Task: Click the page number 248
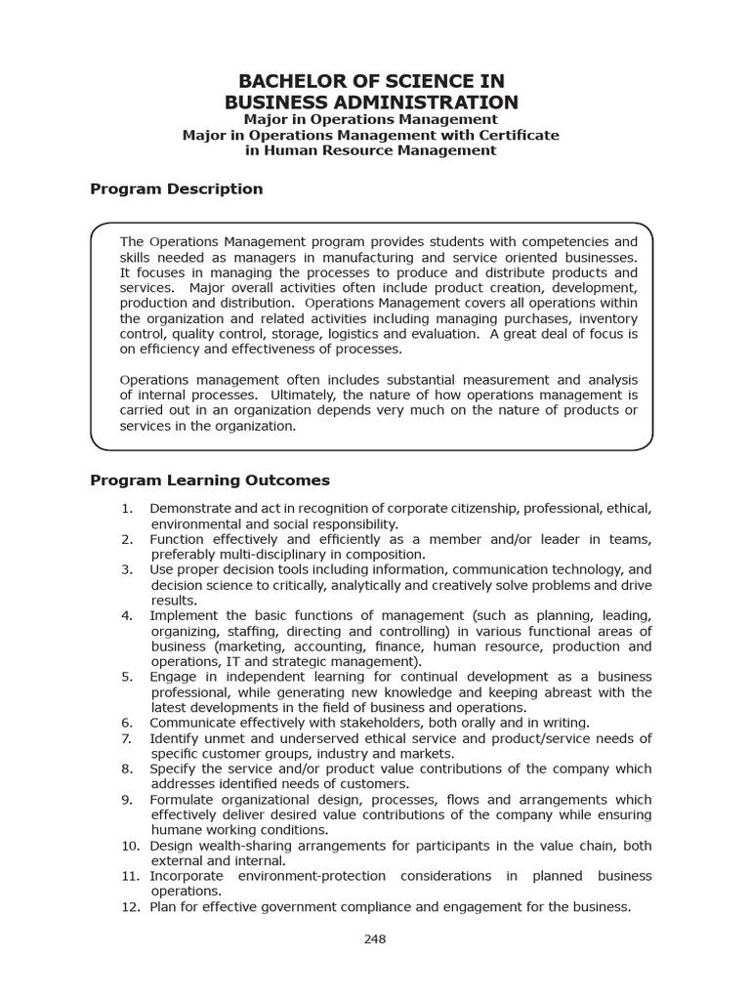[x=375, y=939]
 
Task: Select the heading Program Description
[x=176, y=188]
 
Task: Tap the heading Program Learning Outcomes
[x=210, y=480]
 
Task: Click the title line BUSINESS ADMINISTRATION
[x=371, y=103]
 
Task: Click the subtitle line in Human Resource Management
[x=371, y=150]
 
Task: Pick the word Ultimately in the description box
[x=306, y=395]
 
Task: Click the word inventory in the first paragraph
[x=607, y=318]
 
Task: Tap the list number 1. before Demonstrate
[x=127, y=509]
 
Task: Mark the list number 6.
[x=127, y=723]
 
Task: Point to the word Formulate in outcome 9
[x=181, y=799]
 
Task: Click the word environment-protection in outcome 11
[x=268, y=876]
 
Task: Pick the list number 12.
[x=131, y=906]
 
